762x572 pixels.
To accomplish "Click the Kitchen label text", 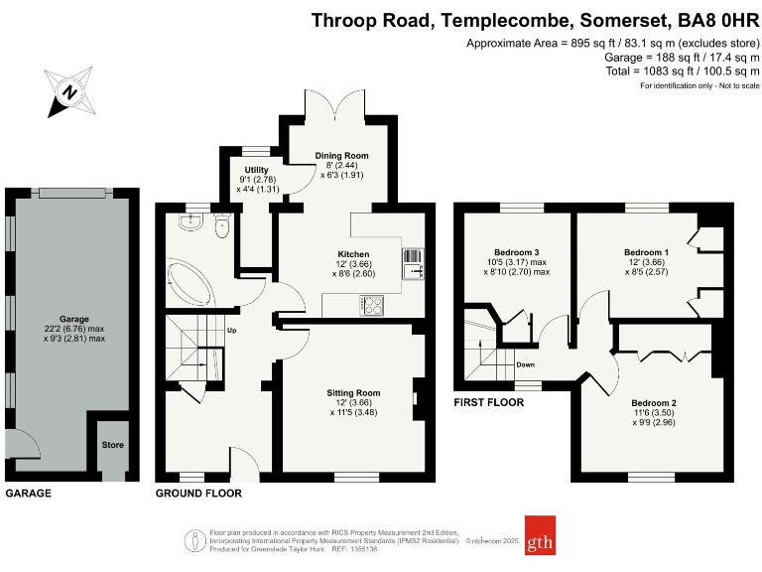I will [x=353, y=255].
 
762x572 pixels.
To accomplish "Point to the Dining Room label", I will [x=341, y=156].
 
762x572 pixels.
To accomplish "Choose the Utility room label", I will [x=257, y=170].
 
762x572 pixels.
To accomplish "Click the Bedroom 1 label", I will [x=646, y=252].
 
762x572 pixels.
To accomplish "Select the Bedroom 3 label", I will [x=516, y=252].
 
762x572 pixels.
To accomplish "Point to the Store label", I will [x=112, y=445].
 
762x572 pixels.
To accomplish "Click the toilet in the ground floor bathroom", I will [x=221, y=227].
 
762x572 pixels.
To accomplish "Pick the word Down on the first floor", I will [x=525, y=364].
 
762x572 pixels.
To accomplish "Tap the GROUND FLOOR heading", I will [x=198, y=493].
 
